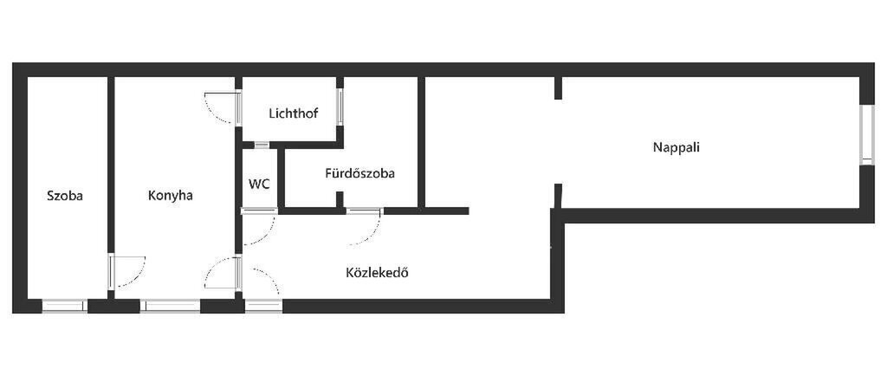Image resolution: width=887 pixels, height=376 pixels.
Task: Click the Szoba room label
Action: pyautogui.click(x=64, y=196)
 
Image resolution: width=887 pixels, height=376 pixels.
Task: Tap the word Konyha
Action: pyautogui.click(x=171, y=196)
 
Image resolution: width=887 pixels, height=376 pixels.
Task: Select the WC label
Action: pyautogui.click(x=259, y=185)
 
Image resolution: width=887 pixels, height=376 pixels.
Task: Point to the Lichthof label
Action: pyautogui.click(x=294, y=113)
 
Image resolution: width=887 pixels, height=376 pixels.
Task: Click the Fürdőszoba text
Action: pyautogui.click(x=359, y=173)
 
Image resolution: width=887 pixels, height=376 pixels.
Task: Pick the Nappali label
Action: pyautogui.click(x=677, y=147)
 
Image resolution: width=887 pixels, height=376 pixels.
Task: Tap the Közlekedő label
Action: pyautogui.click(x=378, y=273)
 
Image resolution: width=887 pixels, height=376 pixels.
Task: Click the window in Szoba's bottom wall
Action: pyautogui.click(x=64, y=306)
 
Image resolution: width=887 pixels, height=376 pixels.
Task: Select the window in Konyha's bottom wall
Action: pyautogui.click(x=171, y=306)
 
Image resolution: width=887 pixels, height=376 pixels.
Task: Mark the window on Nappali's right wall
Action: pyautogui.click(x=866, y=135)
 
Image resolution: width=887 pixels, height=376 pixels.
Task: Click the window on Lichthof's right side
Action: pyautogui.click(x=340, y=107)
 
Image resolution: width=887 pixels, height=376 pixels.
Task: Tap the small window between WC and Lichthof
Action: pyautogui.click(x=262, y=145)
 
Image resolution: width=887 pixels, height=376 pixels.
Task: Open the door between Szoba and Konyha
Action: pyautogui.click(x=127, y=271)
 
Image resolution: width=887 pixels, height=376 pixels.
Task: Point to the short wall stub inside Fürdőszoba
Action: pyautogui.click(x=340, y=199)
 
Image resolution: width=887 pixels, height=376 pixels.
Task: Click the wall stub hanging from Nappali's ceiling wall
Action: pyautogui.click(x=558, y=88)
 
